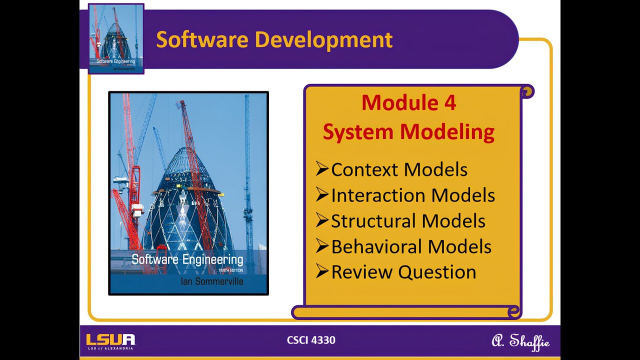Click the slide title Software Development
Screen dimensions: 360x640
point(274,39)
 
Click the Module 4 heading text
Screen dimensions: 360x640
point(408,103)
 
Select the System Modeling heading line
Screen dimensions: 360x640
point(408,132)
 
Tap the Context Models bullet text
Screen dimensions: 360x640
point(399,170)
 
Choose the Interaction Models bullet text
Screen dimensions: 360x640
point(412,195)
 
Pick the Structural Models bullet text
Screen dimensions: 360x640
point(408,221)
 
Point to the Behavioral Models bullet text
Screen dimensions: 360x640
point(411,246)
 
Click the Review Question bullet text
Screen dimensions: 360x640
point(403,272)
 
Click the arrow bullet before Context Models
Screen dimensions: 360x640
point(322,169)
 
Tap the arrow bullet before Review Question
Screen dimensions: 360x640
point(322,271)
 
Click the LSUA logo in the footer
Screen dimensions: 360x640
point(110,341)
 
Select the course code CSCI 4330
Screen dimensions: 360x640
point(311,340)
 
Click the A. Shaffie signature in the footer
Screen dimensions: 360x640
point(520,341)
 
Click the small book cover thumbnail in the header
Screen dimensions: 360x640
point(116,38)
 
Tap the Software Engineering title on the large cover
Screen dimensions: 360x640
point(187,259)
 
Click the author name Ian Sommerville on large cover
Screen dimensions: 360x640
point(212,281)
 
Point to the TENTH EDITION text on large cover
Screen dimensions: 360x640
point(230,270)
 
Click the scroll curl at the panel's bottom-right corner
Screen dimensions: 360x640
point(513,312)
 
